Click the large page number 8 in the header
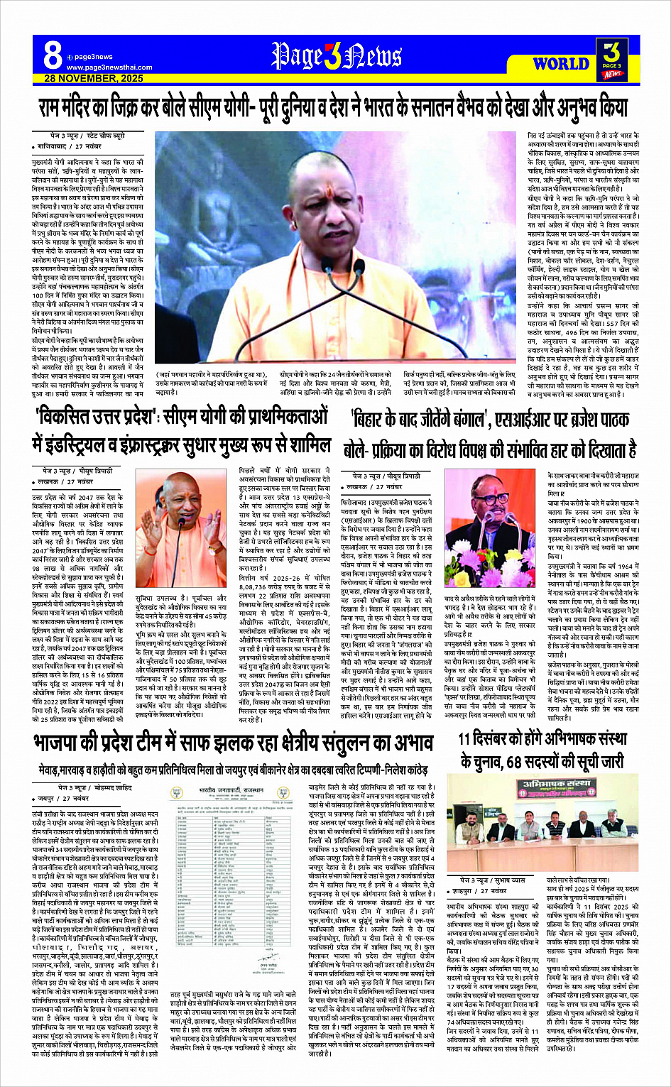pos(53,55)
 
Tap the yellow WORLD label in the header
pos(560,64)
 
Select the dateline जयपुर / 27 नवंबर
pos(71,799)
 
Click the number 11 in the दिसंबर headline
pos(467,739)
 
